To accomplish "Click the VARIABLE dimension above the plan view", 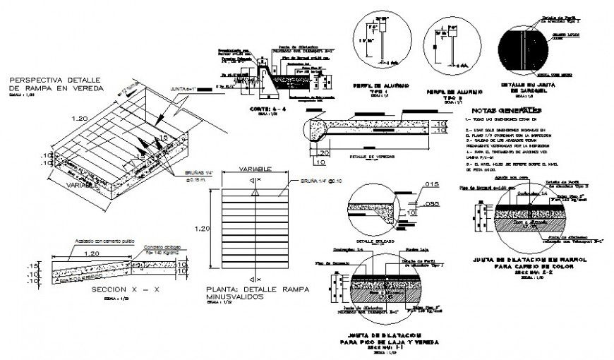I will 252,170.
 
